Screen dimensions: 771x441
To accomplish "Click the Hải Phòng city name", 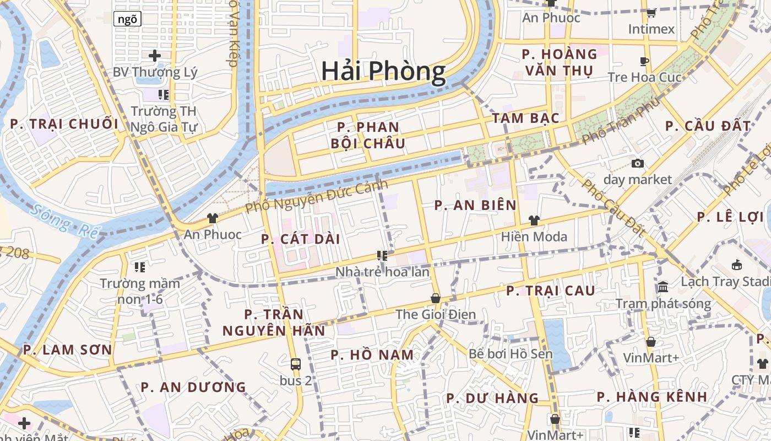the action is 383,72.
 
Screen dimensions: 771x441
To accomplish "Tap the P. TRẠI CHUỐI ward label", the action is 64,123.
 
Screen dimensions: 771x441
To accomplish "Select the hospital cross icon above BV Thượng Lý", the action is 155,56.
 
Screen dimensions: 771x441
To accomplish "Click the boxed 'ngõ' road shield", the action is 127,19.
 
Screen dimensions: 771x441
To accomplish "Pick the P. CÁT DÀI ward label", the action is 301,239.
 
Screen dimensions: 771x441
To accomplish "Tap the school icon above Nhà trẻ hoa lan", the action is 382,256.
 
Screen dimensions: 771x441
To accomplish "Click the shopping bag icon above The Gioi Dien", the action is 436,298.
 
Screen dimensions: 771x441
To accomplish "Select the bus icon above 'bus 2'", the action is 296,364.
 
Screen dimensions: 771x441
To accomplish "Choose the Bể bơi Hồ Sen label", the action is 511,353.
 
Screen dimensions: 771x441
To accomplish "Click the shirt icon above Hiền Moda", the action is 534,220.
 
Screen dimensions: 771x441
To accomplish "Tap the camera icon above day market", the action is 638,163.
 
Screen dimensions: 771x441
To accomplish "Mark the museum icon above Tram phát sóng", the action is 663,287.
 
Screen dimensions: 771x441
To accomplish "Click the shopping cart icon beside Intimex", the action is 651,13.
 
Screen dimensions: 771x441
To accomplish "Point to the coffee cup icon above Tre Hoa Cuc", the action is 644,61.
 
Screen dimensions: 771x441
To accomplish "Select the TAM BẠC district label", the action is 525,118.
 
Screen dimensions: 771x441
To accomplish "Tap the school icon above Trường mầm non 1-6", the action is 140,267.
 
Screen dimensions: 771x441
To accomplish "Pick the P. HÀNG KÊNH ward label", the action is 652,396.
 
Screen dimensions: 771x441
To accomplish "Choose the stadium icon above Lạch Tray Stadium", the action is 737,265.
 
